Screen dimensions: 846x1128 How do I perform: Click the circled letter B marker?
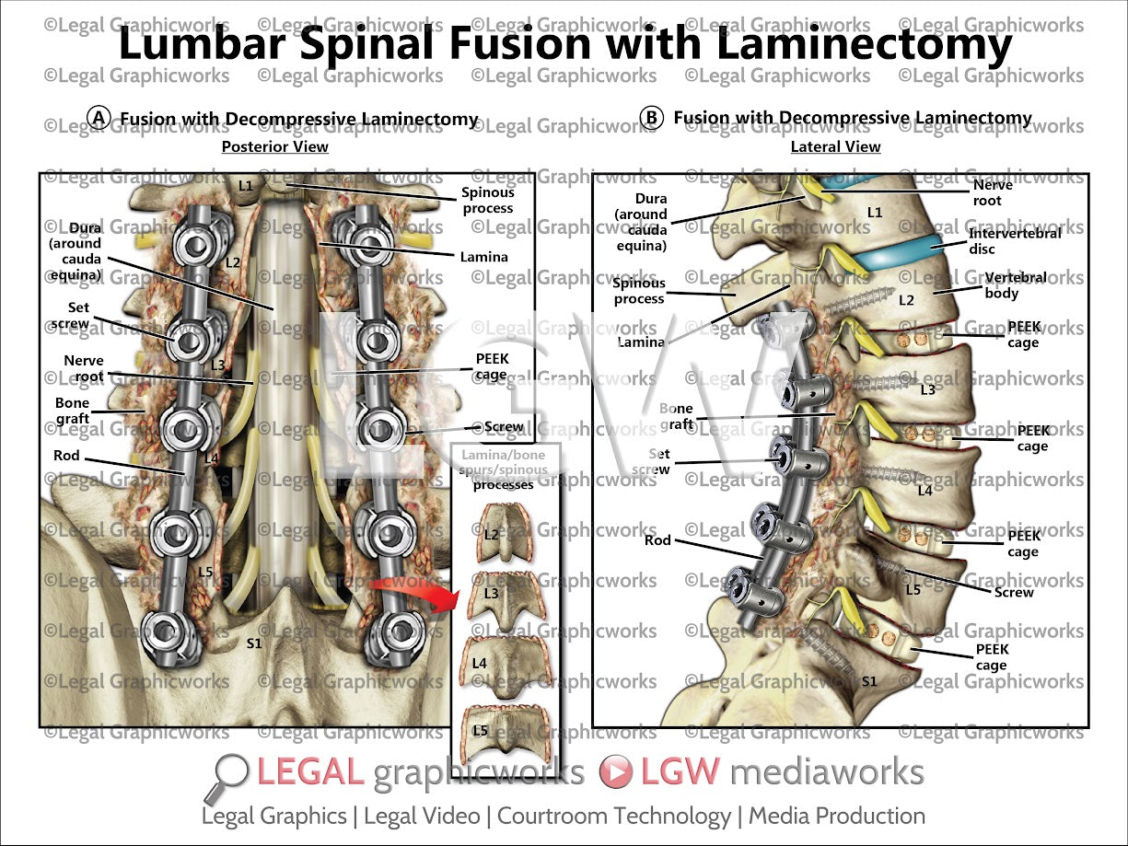[652, 118]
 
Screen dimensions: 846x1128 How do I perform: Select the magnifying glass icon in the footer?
[229, 776]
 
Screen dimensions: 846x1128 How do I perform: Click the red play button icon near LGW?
[615, 771]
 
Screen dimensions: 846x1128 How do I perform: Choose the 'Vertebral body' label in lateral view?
[1002, 285]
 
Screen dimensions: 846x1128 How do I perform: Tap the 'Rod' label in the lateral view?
[657, 540]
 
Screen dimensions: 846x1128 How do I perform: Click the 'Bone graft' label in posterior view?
[72, 411]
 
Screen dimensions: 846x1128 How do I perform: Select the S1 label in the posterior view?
[254, 643]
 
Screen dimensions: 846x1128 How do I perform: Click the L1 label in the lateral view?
[874, 213]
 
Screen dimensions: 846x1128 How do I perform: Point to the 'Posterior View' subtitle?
[274, 146]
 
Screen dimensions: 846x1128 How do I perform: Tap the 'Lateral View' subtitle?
[835, 146]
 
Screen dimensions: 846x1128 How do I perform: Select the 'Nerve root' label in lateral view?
[993, 192]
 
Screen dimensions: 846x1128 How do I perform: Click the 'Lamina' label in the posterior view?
[483, 257]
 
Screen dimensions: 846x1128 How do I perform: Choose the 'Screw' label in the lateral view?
[1014, 592]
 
